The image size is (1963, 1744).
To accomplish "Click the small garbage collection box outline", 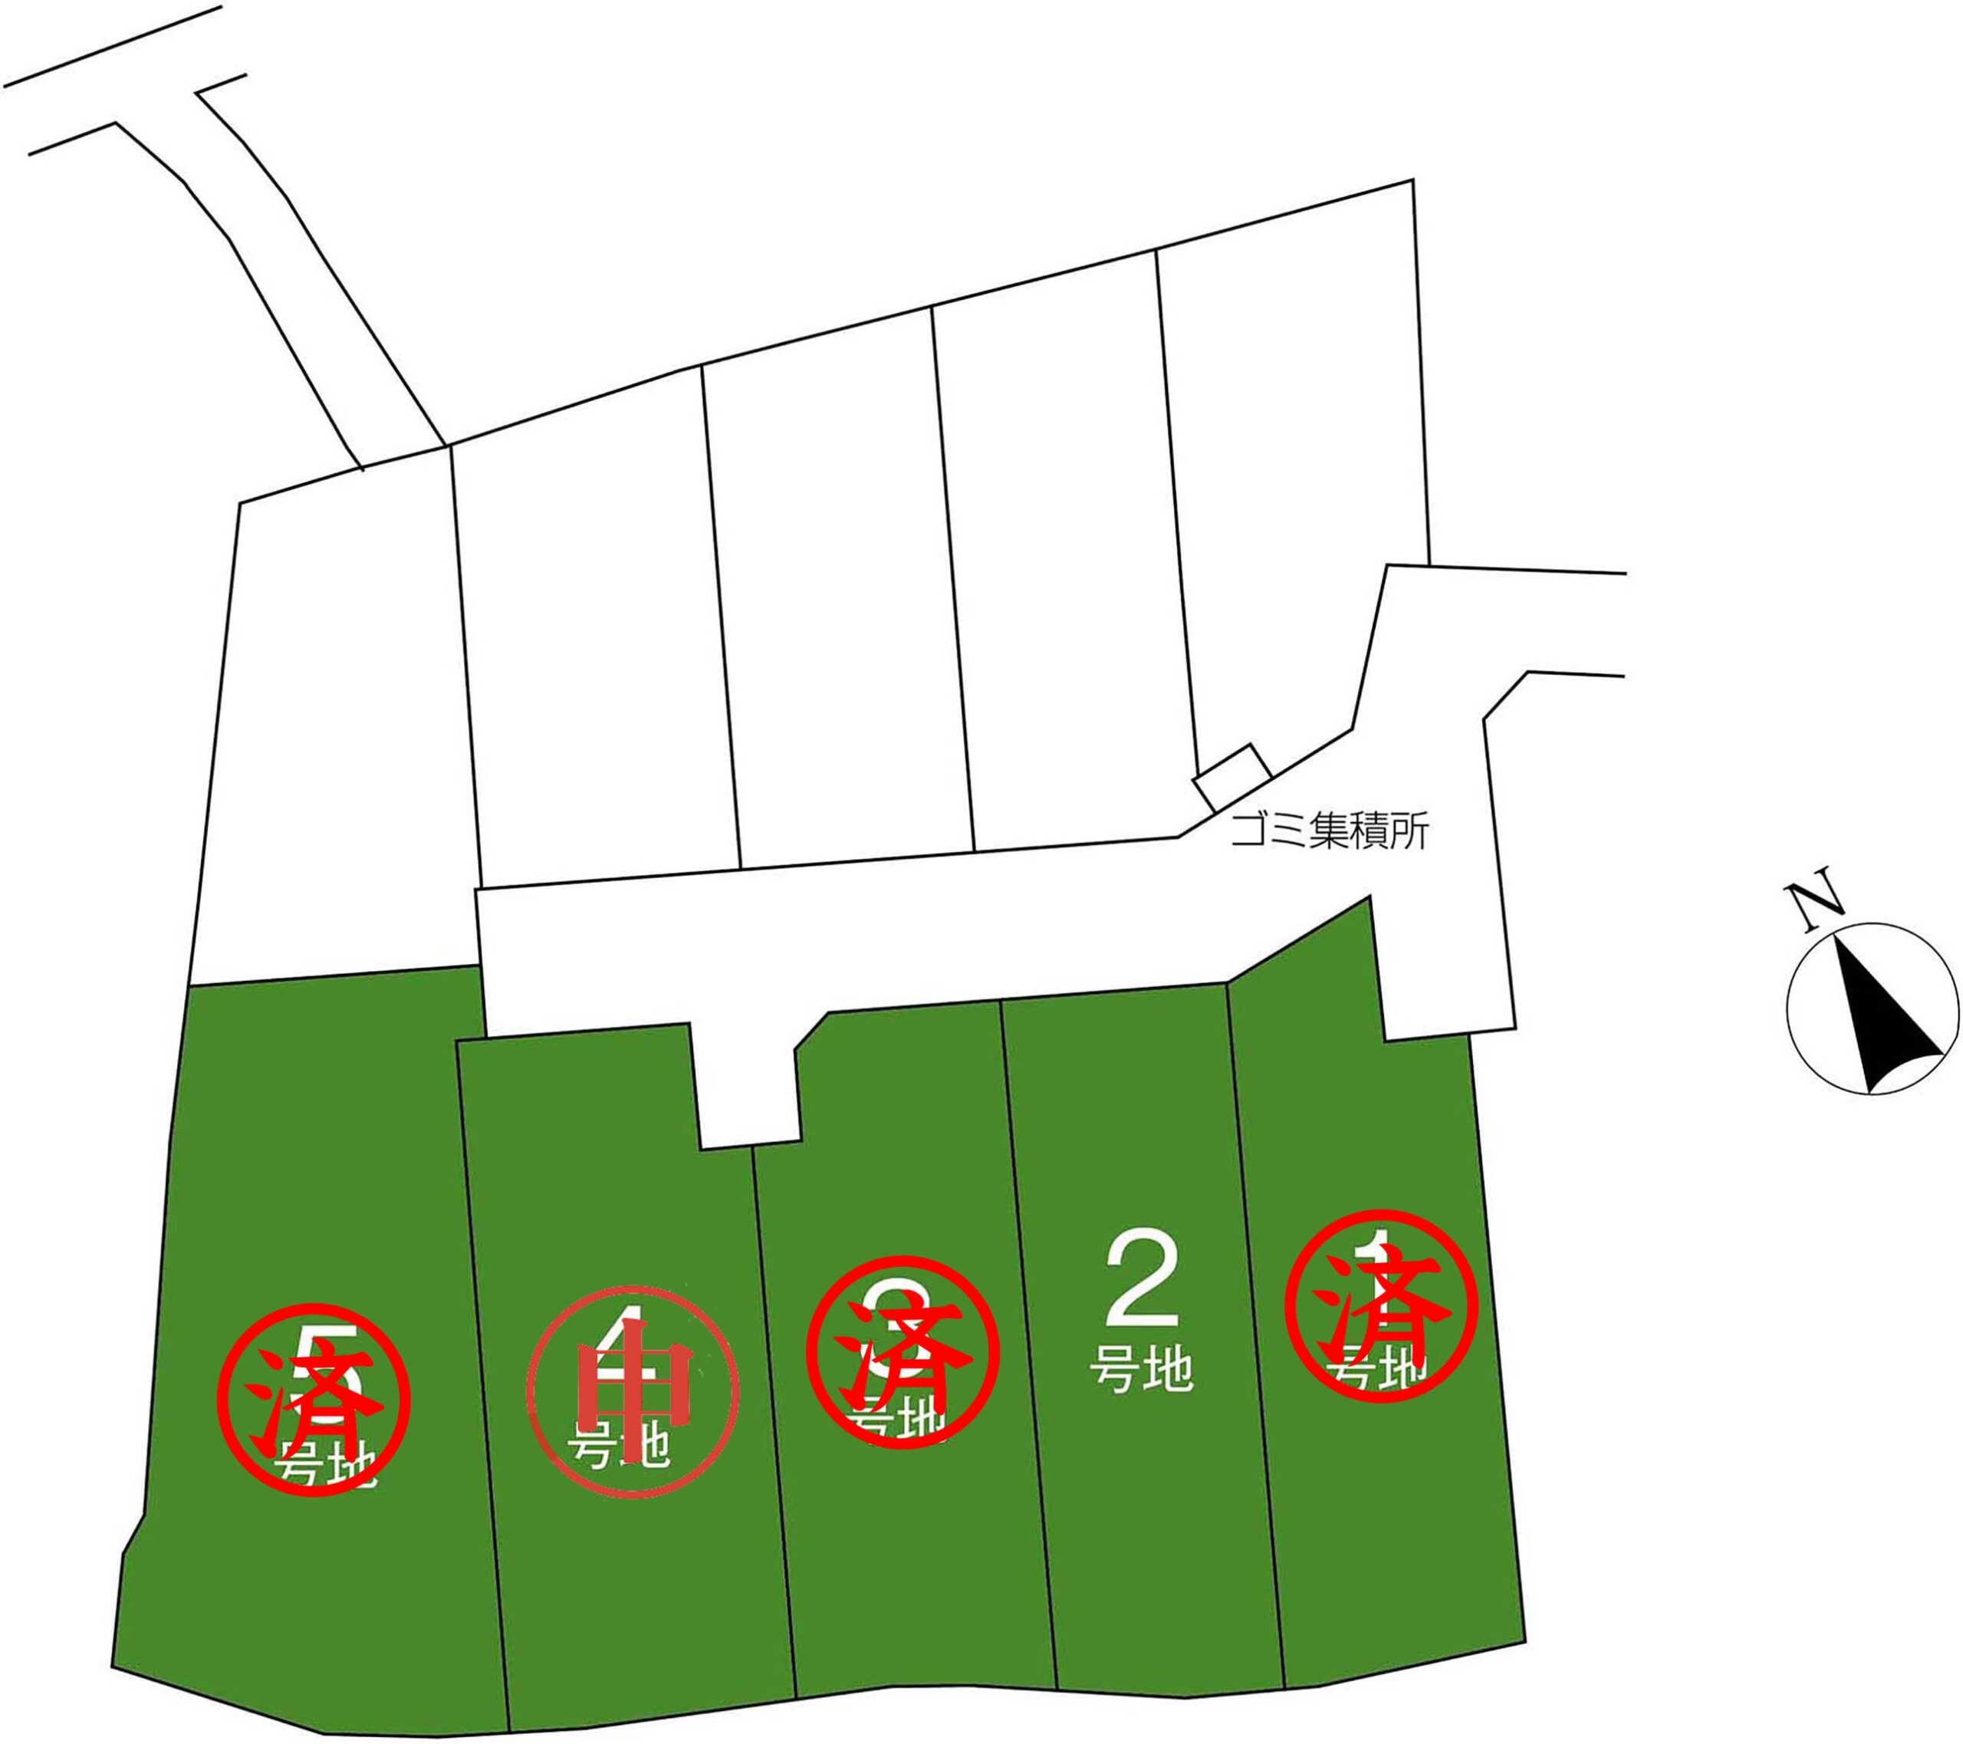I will click(x=1233, y=776).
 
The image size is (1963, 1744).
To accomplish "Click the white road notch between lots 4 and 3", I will click(x=748, y=1085).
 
